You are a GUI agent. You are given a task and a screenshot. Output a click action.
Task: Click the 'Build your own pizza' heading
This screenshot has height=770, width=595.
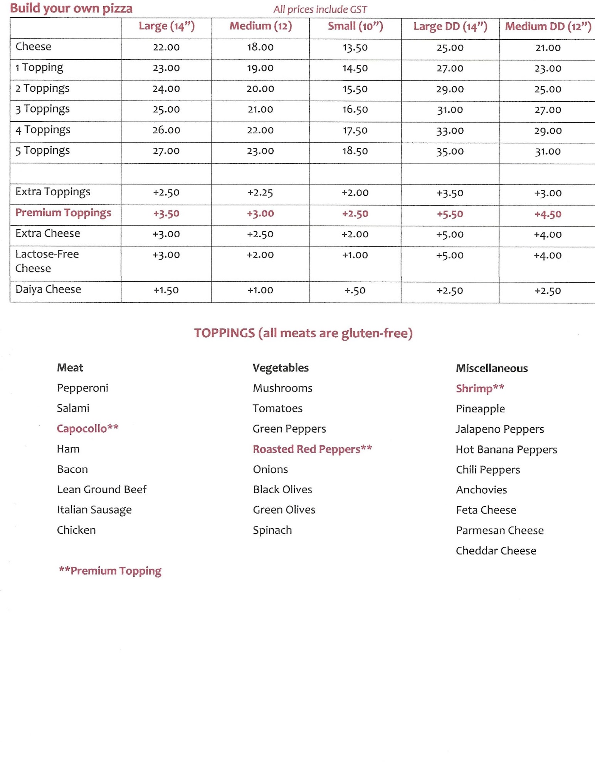point(71,8)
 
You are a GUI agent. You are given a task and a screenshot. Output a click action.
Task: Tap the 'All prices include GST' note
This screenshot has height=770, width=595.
point(320,9)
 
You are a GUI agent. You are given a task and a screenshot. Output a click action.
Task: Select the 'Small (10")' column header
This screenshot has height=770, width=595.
point(355,26)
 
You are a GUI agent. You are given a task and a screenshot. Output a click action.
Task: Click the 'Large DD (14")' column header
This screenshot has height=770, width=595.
point(450,27)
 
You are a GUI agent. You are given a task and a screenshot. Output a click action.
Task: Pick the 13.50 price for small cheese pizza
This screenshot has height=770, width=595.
point(355,48)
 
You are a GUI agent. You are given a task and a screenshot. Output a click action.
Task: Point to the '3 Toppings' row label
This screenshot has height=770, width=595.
point(42,109)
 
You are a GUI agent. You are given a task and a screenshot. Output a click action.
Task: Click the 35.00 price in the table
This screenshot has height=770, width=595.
point(450,151)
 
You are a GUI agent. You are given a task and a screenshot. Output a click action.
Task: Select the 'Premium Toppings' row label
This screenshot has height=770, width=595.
point(63,213)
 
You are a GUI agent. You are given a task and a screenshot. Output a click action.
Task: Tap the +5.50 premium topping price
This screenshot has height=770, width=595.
point(450,214)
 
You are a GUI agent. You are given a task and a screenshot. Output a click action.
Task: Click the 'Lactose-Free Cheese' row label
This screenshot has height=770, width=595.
point(47,261)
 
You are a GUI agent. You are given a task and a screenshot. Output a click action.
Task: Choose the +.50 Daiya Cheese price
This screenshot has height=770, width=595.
point(355,291)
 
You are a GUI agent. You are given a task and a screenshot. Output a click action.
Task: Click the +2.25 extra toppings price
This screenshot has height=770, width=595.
point(260,192)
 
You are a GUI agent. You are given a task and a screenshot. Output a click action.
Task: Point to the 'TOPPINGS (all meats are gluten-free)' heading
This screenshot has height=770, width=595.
point(303,333)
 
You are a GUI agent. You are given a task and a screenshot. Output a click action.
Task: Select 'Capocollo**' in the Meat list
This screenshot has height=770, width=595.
point(87,429)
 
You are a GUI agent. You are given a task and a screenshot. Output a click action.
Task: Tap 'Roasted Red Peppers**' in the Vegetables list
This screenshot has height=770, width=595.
point(312,449)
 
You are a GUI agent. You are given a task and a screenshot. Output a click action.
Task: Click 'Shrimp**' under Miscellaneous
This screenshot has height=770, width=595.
point(480,388)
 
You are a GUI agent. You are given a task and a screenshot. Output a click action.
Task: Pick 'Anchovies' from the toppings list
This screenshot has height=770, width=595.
point(481,490)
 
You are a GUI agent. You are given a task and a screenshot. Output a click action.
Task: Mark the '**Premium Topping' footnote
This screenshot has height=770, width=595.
point(110,571)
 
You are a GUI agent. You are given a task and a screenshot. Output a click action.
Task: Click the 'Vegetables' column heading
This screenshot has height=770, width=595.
point(281,368)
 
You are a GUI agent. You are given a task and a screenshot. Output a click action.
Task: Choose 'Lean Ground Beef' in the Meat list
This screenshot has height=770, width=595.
point(102,489)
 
